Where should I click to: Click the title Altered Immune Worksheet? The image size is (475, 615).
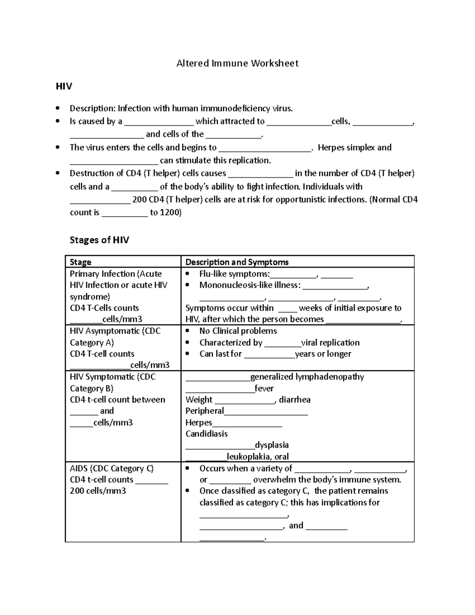[237, 63]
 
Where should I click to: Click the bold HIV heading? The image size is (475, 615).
[64, 86]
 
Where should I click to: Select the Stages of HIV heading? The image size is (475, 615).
[99, 240]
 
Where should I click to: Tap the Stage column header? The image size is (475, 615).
[80, 262]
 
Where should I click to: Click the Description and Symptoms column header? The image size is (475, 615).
[237, 262]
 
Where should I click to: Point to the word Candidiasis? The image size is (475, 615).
[206, 434]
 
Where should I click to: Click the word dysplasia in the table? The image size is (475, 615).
[272, 445]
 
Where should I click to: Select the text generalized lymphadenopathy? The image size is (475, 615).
[307, 377]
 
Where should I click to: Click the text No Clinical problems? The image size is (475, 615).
[238, 331]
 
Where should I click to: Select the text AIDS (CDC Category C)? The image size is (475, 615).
[112, 468]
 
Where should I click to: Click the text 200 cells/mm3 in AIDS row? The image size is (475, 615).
[98, 491]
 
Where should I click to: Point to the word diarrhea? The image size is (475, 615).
[294, 400]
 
